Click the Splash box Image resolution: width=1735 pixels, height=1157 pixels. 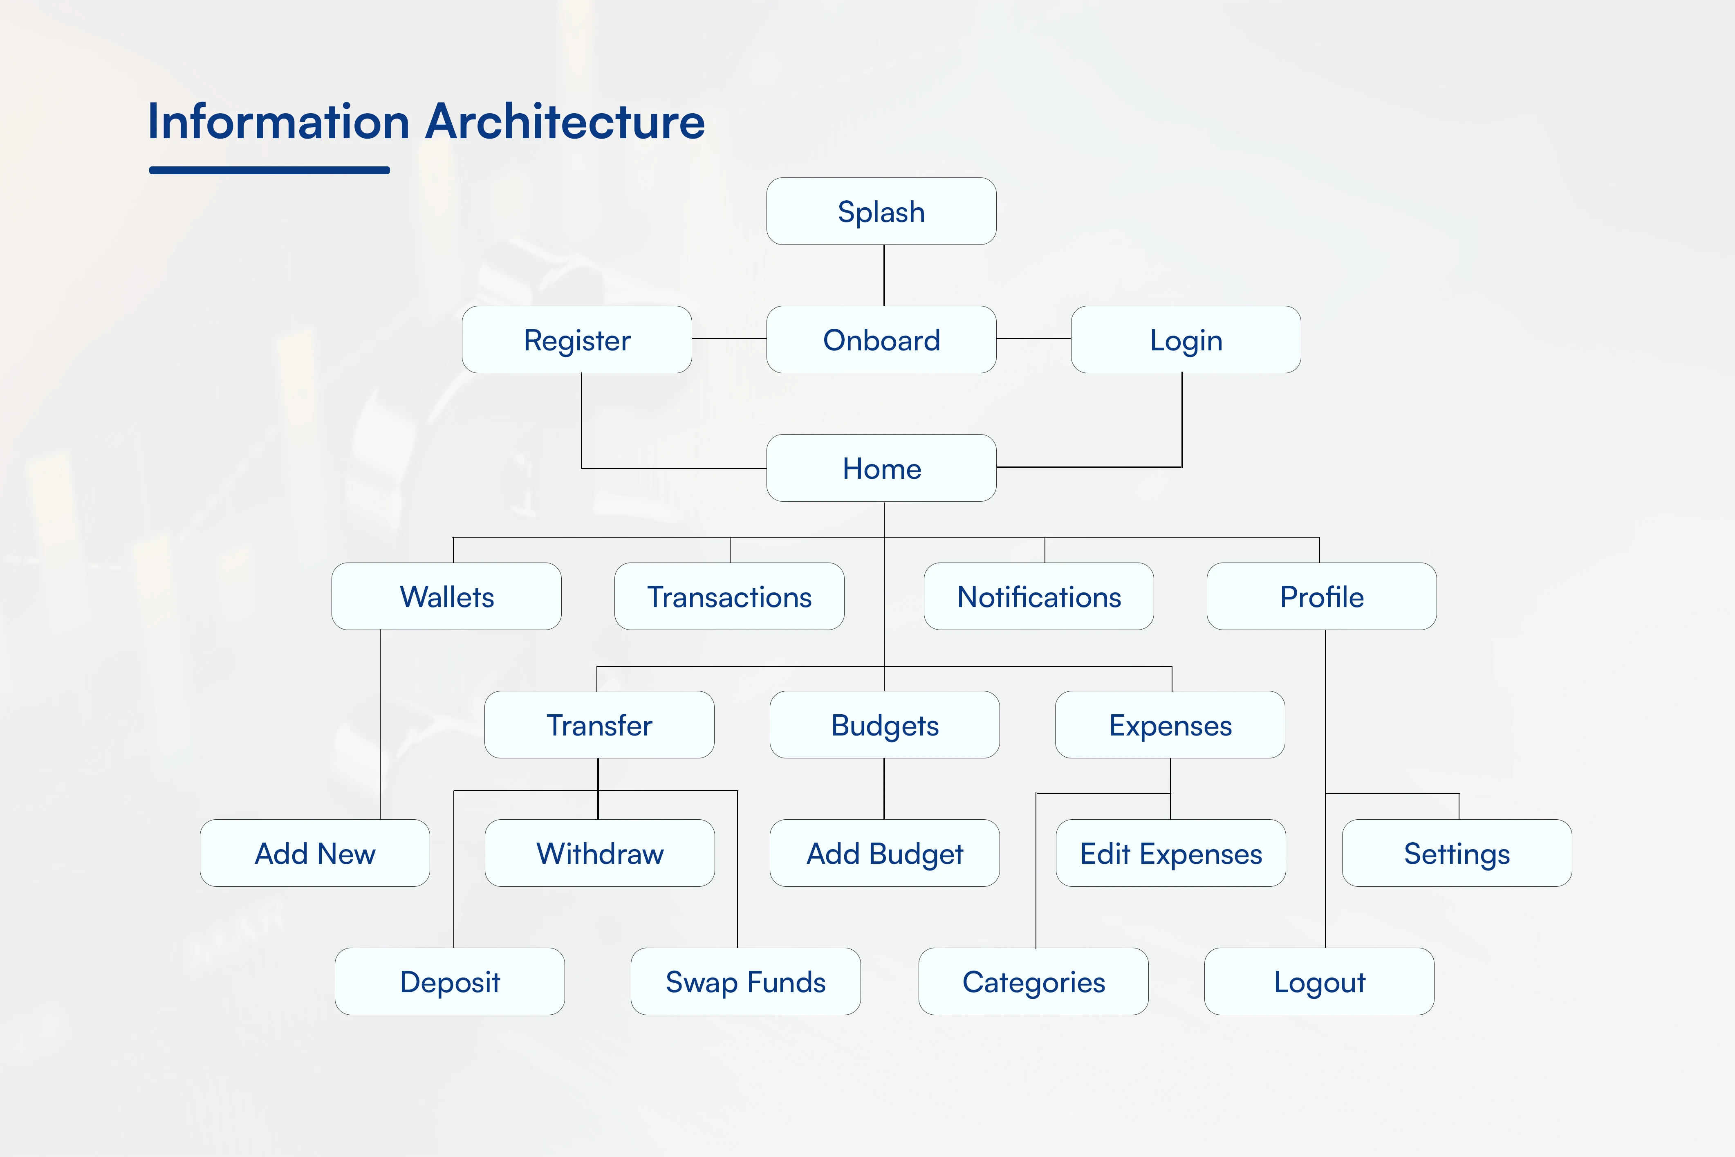point(881,211)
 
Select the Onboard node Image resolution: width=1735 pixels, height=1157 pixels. point(881,339)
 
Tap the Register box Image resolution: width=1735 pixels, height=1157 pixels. point(577,339)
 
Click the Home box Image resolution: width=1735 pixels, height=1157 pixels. point(881,468)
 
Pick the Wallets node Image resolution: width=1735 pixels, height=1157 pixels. point(446,596)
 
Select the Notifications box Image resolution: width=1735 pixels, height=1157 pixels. point(1039,596)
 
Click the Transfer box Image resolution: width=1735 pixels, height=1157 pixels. point(599,724)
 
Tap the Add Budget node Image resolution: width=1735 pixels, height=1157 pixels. point(885,853)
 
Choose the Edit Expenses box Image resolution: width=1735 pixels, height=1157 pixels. point(1171,853)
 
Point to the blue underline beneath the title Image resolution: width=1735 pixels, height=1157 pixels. point(269,170)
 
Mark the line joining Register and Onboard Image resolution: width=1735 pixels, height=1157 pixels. point(729,339)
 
